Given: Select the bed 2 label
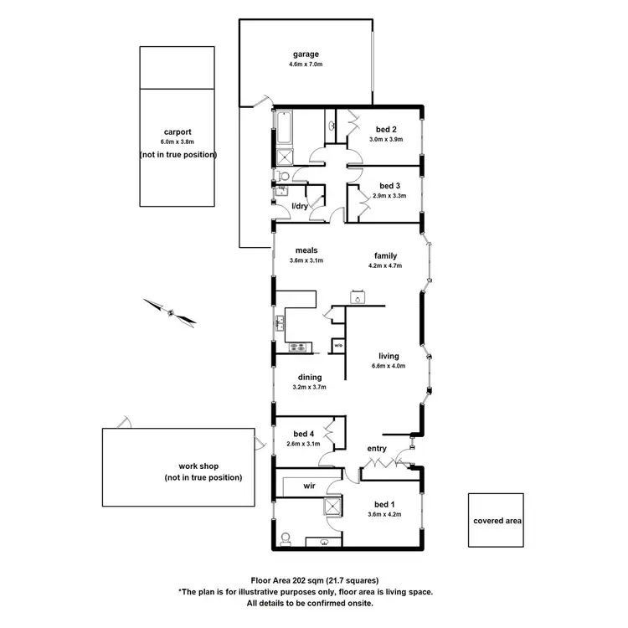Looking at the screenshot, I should pyautogui.click(x=385, y=129).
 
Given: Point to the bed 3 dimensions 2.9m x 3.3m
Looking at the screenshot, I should pyautogui.click(x=389, y=196).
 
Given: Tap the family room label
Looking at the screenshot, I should pyautogui.click(x=385, y=256).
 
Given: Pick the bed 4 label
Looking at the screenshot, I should pyautogui.click(x=305, y=434).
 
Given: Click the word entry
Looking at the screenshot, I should pyautogui.click(x=377, y=450).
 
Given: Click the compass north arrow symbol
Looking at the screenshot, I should pyautogui.click(x=170, y=311).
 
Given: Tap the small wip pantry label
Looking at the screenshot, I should pyautogui.click(x=338, y=345).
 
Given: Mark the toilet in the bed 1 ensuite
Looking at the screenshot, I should pyautogui.click(x=286, y=538).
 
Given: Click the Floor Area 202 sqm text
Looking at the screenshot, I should pyautogui.click(x=314, y=579).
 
